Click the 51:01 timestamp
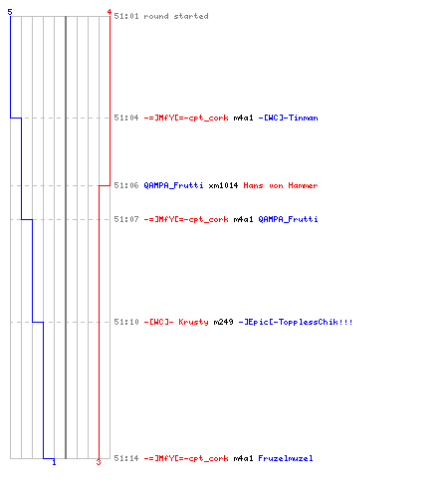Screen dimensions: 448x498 pos(126,16)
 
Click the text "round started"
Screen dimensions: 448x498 pos(176,16)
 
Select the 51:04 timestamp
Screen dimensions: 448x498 pos(126,118)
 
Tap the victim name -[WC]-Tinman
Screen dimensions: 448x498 pos(288,118)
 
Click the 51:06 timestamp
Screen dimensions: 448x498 pos(126,185)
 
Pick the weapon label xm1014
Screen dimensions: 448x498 pos(223,185)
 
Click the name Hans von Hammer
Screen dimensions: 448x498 pos(281,185)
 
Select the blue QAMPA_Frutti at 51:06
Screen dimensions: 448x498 pos(173,185)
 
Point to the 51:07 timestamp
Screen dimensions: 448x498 pos(126,219)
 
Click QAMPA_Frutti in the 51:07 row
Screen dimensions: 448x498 pos(288,219)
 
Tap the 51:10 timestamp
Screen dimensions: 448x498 pos(126,322)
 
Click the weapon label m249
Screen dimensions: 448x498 pos(223,322)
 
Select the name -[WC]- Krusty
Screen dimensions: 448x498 pos(176,322)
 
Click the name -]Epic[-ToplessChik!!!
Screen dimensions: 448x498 pos(296,322)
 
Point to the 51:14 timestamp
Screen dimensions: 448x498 pos(126,458)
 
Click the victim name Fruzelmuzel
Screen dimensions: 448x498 pos(286,458)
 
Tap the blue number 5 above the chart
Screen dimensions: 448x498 pos(10,12)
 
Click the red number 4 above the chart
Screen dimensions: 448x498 pos(110,12)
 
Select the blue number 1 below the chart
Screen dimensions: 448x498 pos(54,462)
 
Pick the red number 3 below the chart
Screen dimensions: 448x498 pos(99,462)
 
